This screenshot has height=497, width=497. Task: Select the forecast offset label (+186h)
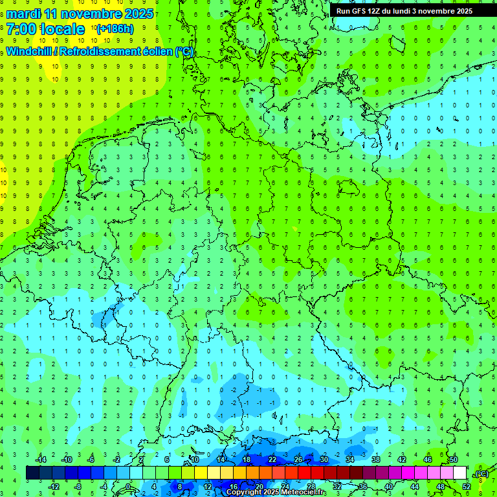115,29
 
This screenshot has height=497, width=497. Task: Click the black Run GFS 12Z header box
404,11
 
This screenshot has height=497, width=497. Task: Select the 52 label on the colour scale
466,487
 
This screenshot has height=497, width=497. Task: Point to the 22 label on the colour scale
272,459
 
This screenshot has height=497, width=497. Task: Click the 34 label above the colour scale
349,459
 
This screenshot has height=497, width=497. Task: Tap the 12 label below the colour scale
208,487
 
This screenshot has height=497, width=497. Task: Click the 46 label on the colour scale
427,459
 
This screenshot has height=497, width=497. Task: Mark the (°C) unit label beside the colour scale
481,474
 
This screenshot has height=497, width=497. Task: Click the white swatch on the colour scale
459,473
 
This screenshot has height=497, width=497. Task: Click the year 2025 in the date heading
138,14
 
